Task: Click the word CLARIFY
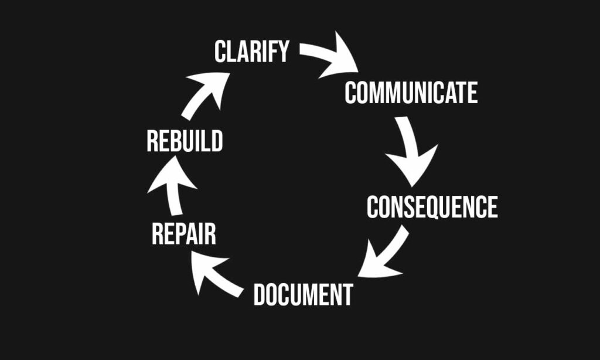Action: click(251, 52)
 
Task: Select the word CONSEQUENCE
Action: click(432, 207)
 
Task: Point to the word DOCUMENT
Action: click(303, 294)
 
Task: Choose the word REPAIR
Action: click(183, 234)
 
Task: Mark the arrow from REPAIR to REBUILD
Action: click(172, 188)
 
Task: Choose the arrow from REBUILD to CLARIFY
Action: click(205, 94)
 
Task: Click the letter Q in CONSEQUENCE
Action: click(437, 208)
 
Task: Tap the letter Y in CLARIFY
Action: click(282, 52)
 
